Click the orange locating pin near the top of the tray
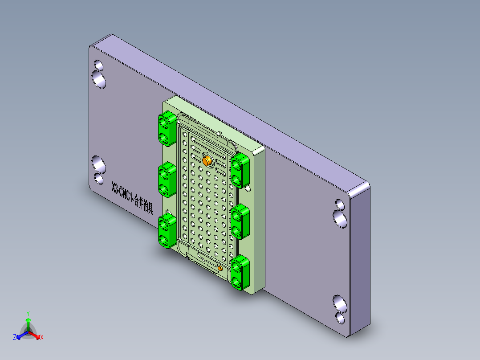(x=207, y=160)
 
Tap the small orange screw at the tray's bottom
(x=221, y=268)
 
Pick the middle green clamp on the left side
(x=167, y=180)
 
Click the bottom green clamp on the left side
(x=167, y=230)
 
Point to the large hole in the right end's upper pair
(x=341, y=218)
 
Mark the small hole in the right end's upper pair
(x=339, y=205)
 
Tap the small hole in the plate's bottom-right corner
(x=340, y=318)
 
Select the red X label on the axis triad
(x=42, y=337)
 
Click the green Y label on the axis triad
(x=28, y=313)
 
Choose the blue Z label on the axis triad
(x=15, y=337)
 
